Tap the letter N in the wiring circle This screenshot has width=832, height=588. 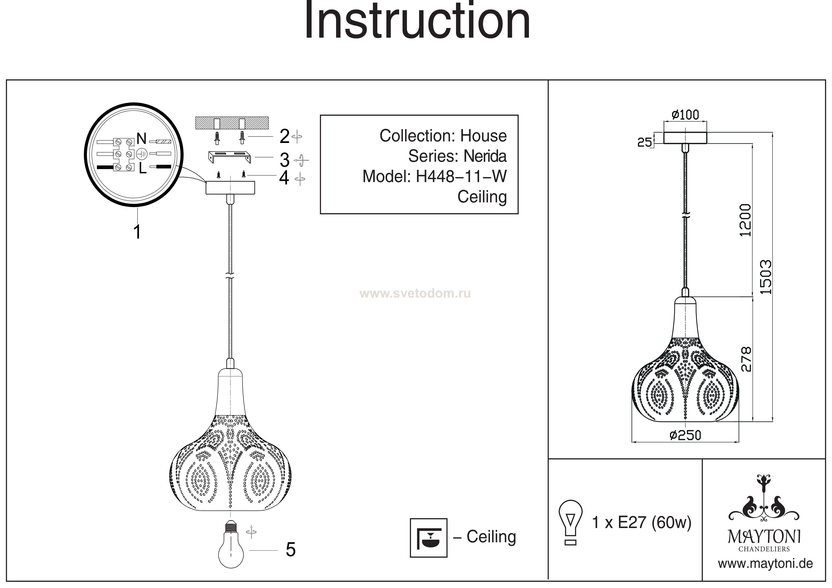142,139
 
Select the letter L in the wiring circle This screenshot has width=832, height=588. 142,169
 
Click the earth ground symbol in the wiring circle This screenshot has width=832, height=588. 142,154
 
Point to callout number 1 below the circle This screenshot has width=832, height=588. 137,232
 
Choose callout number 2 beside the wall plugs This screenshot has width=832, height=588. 284,137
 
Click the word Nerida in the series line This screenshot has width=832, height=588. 485,156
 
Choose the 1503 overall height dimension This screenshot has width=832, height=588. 765,277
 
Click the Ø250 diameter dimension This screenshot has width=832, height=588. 685,435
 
